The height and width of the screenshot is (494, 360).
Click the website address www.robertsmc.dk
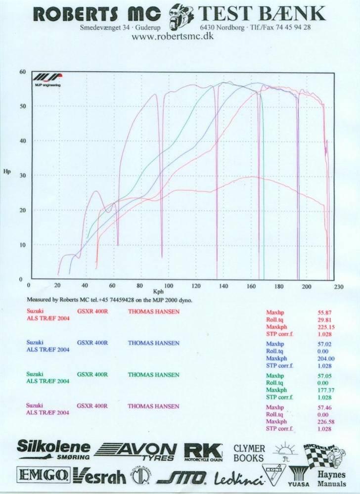[x=173, y=36]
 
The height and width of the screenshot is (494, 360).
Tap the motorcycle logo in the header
[x=181, y=14]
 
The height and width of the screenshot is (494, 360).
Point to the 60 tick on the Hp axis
[x=22, y=72]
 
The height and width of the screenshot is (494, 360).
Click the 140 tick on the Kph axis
[x=224, y=286]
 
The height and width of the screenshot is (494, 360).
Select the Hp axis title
[x=7, y=172]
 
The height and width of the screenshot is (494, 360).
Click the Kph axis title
[x=158, y=292]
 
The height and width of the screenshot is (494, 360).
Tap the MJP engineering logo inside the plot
[x=47, y=80]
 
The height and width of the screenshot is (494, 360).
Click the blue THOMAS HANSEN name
[x=153, y=343]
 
